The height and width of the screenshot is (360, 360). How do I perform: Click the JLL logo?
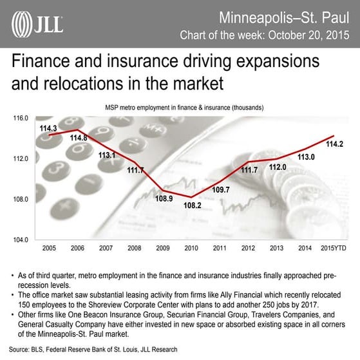tap(37, 24)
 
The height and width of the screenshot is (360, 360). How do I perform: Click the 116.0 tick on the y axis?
tap(22, 118)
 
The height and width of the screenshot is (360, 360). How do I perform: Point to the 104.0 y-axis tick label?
tap(22, 240)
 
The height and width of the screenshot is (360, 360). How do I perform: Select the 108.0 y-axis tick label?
tap(22, 199)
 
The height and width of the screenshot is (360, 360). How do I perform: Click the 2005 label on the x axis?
tap(49, 247)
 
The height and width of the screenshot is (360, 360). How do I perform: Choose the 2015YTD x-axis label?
tap(332, 247)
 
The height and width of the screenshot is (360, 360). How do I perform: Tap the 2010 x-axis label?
tap(191, 247)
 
